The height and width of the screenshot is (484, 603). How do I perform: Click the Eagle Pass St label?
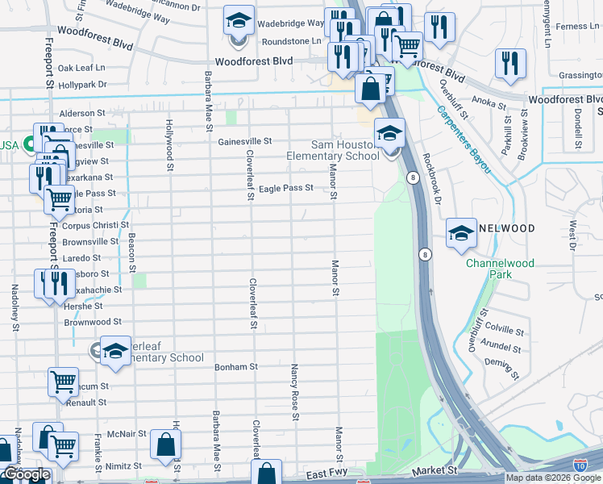coord(285,188)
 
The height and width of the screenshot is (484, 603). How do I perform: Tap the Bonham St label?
coord(235,366)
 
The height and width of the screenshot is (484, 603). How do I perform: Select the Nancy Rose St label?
coord(295,391)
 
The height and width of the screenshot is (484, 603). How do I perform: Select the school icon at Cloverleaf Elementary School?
coord(115,350)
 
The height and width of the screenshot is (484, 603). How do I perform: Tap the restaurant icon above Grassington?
coord(509,63)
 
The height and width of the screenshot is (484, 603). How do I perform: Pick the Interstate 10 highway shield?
coord(580,465)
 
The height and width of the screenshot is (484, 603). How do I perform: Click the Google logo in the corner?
coord(27,474)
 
